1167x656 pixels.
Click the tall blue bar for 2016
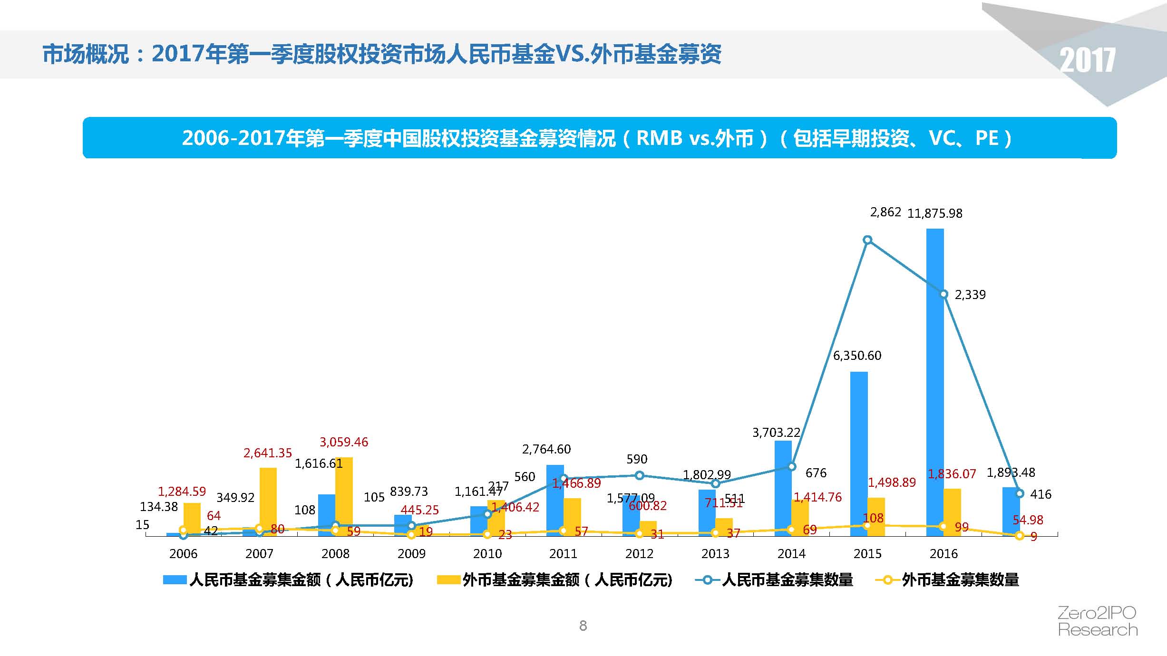click(x=935, y=380)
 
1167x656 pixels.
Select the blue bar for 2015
click(x=859, y=452)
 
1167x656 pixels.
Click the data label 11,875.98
click(x=934, y=213)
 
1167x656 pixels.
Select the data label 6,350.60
click(x=857, y=356)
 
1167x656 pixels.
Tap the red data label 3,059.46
click(x=344, y=442)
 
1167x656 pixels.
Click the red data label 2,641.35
click(x=268, y=453)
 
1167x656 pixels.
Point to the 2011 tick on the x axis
click(x=563, y=553)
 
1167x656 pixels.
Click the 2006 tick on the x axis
click(x=183, y=553)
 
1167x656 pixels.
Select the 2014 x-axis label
click(x=791, y=553)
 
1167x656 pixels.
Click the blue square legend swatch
click(x=175, y=580)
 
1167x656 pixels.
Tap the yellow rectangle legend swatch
click(x=448, y=580)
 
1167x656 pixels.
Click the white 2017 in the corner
click(x=1087, y=60)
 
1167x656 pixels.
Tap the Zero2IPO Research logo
click(x=1097, y=621)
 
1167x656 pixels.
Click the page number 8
click(x=583, y=626)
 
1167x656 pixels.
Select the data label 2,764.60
click(x=546, y=449)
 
